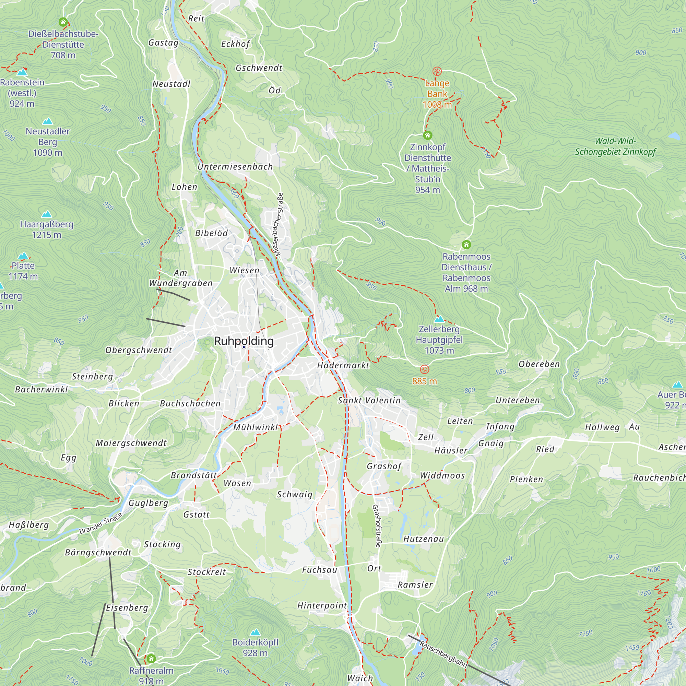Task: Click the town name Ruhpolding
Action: click(244, 341)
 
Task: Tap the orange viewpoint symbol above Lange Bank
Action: click(437, 71)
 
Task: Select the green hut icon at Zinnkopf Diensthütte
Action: click(427, 135)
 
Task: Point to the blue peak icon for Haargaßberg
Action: click(47, 214)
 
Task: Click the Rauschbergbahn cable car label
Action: click(443, 654)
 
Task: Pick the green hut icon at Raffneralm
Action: click(151, 659)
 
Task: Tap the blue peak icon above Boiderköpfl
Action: click(255, 632)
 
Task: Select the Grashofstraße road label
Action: click(377, 526)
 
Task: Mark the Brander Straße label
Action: click(101, 523)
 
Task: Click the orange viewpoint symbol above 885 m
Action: click(424, 369)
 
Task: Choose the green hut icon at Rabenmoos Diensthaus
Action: click(466, 245)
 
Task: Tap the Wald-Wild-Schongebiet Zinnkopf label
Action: click(615, 146)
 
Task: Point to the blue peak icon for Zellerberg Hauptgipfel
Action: click(439, 319)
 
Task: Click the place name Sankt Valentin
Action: click(369, 401)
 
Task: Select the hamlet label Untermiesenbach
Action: click(235, 167)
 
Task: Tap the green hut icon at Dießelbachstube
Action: click(63, 22)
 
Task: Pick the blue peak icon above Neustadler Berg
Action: click(48, 121)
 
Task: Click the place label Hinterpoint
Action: click(322, 605)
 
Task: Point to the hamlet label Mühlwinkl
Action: click(256, 427)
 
